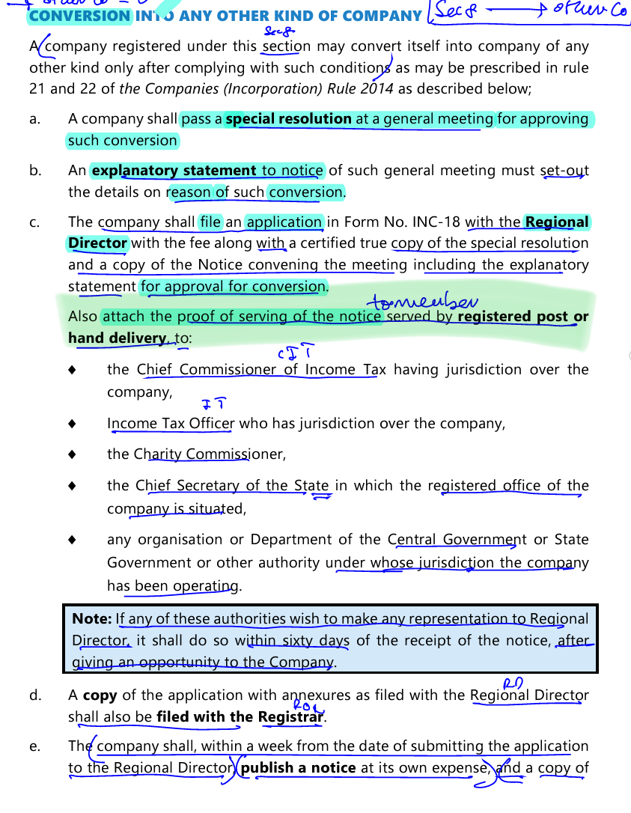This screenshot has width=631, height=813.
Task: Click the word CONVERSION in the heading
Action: [80, 15]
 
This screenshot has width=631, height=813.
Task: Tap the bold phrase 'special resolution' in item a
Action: [288, 119]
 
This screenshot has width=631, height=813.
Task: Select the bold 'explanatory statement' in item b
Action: [174, 171]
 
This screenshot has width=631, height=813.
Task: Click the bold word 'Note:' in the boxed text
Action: [92, 619]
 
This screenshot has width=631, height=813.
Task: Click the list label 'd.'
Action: [35, 695]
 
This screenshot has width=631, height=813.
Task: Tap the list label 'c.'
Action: [35, 222]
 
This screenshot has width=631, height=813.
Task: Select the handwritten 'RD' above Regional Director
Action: [512, 682]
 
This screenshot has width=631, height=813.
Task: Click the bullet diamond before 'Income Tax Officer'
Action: [72, 424]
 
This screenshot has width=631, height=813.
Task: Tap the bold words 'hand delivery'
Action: [117, 338]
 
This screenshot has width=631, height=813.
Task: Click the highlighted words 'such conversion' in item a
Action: [122, 141]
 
